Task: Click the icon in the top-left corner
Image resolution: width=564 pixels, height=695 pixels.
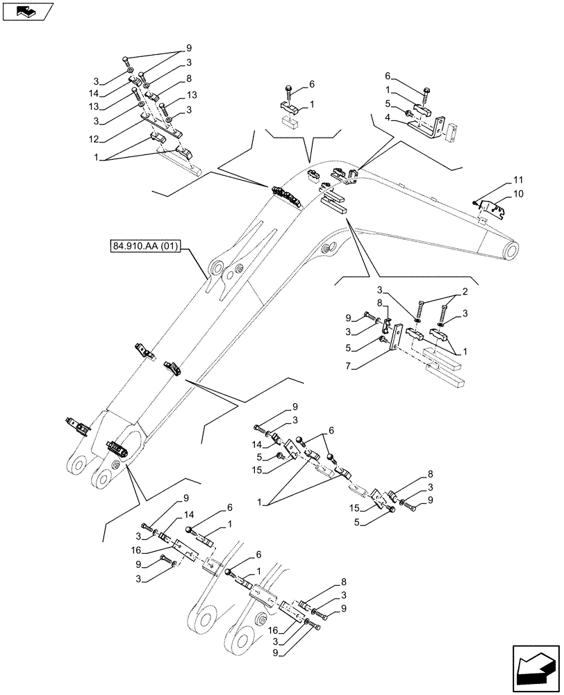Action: click(x=28, y=10)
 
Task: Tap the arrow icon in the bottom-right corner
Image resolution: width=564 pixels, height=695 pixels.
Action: click(x=535, y=667)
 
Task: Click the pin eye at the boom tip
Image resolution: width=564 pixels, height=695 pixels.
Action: click(x=513, y=250)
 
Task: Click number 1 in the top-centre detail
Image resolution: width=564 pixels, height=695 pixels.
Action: click(x=311, y=104)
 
